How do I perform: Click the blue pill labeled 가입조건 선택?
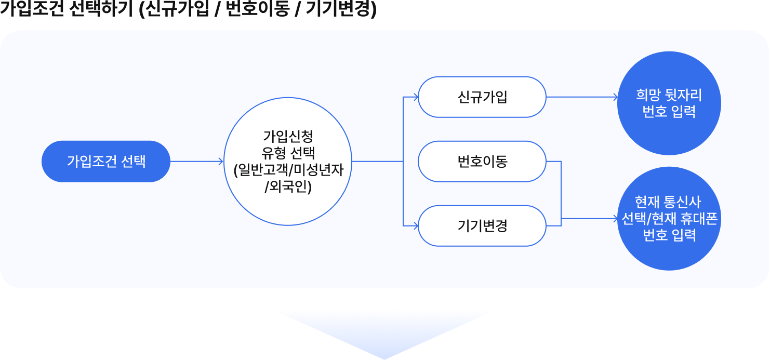pyautogui.click(x=106, y=162)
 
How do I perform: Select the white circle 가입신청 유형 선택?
pyautogui.click(x=288, y=162)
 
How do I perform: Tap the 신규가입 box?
pyautogui.click(x=482, y=97)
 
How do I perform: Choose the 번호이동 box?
pyautogui.click(x=482, y=162)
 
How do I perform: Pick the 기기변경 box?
pyautogui.click(x=482, y=226)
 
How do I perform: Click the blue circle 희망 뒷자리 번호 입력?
pyautogui.click(x=669, y=103)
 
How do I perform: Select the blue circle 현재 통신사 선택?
pyautogui.click(x=669, y=219)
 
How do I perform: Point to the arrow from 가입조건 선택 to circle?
pyautogui.click(x=196, y=162)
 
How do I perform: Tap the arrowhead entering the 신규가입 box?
pyautogui.click(x=415, y=97)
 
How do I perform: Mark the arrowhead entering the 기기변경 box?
pyautogui.click(x=415, y=226)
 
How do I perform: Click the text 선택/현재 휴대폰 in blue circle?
pyautogui.click(x=669, y=219)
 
